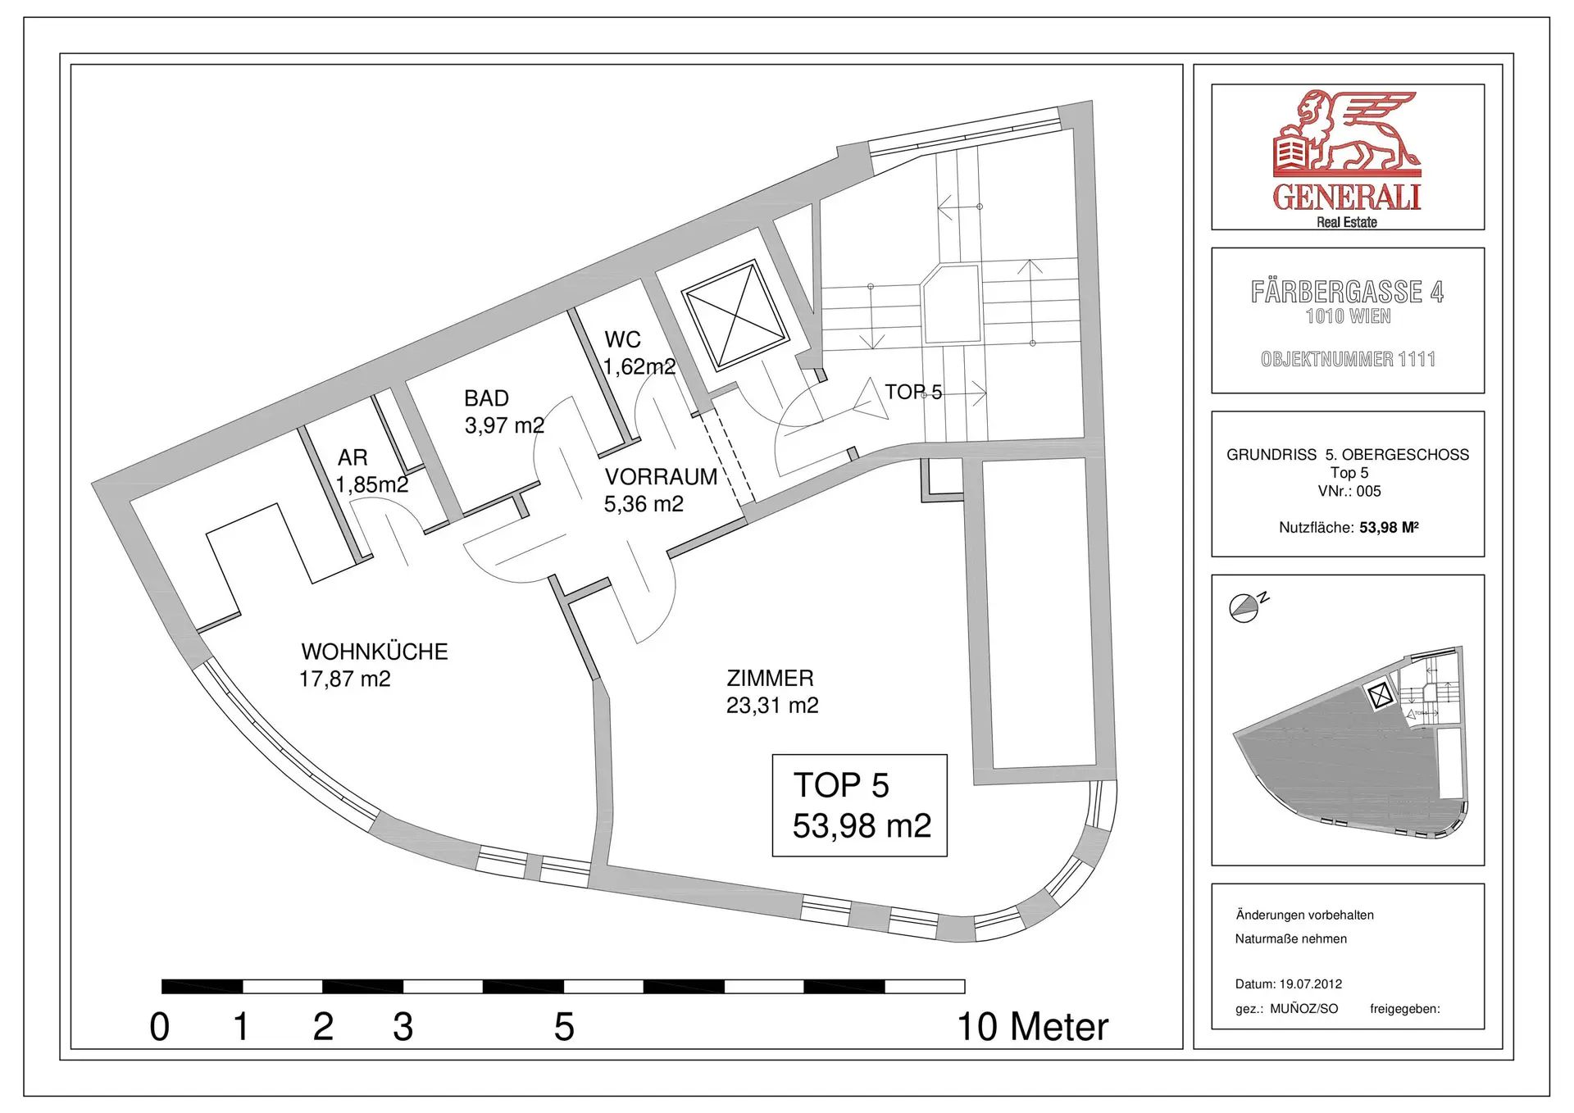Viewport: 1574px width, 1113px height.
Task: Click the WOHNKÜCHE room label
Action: [x=375, y=652]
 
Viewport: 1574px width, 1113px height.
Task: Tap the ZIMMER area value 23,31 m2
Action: [x=772, y=706]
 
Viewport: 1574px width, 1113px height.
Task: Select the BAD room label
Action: [x=487, y=398]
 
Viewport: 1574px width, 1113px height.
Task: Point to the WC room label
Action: [x=622, y=339]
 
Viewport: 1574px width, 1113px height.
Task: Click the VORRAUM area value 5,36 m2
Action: [x=644, y=504]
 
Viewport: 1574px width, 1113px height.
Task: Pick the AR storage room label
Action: [x=353, y=457]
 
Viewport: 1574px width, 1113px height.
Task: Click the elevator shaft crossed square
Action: [x=735, y=316]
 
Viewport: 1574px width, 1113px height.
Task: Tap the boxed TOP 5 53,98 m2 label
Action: [x=860, y=806]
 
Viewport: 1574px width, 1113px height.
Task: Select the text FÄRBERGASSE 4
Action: [x=1347, y=292]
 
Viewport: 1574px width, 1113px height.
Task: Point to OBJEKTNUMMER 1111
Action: [x=1348, y=359]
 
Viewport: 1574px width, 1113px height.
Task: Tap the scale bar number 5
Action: [x=564, y=1027]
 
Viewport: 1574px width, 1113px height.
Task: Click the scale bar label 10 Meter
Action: [x=1033, y=1027]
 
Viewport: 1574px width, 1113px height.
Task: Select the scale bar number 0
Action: [x=160, y=1027]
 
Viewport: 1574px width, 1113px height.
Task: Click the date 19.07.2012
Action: [x=1311, y=984]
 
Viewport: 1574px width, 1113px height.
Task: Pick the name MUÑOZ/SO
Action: [x=1303, y=1009]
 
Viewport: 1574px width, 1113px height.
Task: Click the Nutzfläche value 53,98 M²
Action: [x=1389, y=528]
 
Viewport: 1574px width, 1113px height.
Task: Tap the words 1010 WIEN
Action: [x=1348, y=316]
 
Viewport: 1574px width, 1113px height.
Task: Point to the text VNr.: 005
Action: [x=1349, y=491]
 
